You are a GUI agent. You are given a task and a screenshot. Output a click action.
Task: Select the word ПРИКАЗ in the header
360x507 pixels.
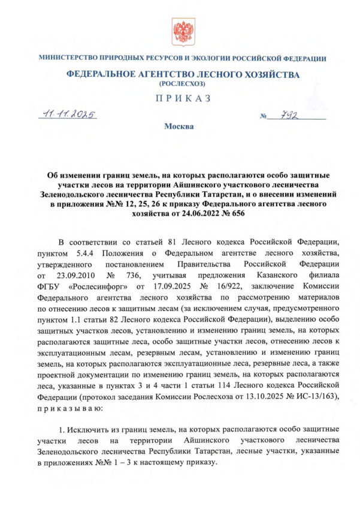[180, 99]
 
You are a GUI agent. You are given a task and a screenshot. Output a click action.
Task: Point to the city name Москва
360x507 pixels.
[180, 126]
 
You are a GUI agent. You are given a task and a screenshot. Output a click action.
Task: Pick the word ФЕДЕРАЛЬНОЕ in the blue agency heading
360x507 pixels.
[104, 74]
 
